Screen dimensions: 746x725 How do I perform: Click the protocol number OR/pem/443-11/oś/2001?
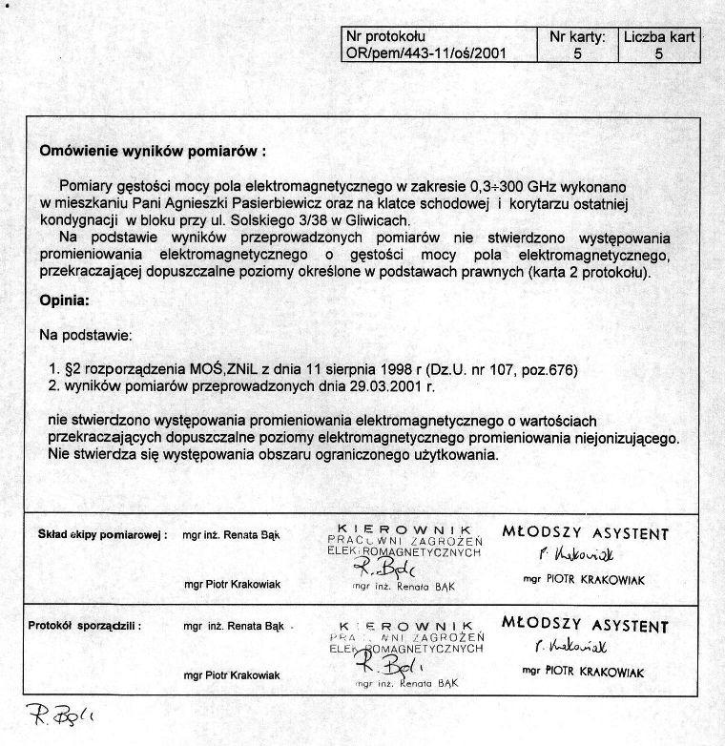[425, 54]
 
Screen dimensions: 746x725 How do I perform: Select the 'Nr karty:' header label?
[578, 37]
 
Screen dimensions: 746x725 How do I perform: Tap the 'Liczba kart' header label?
[659, 37]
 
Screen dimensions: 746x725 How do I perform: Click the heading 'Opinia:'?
[65, 301]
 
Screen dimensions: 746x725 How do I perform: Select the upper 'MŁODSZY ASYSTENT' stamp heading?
[586, 534]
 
